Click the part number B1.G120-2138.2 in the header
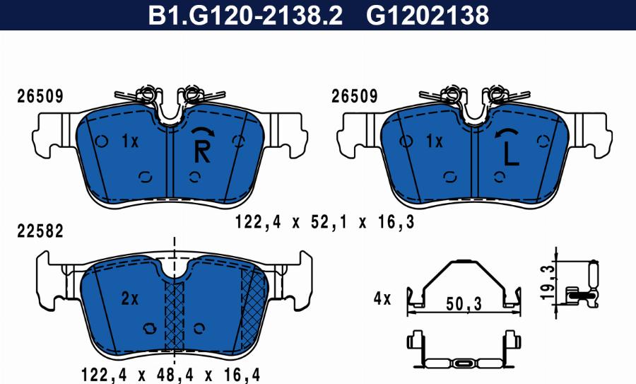pyautogui.click(x=245, y=16)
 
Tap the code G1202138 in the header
pyautogui.click(x=428, y=16)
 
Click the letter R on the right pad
pyautogui.click(x=202, y=151)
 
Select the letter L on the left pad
pyautogui.click(x=511, y=153)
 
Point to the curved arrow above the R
pyautogui.click(x=203, y=130)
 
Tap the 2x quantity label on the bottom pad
pyautogui.click(x=130, y=298)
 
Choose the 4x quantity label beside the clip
pyautogui.click(x=382, y=299)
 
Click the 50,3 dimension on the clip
pyautogui.click(x=464, y=303)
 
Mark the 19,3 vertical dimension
pyautogui.click(x=548, y=283)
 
